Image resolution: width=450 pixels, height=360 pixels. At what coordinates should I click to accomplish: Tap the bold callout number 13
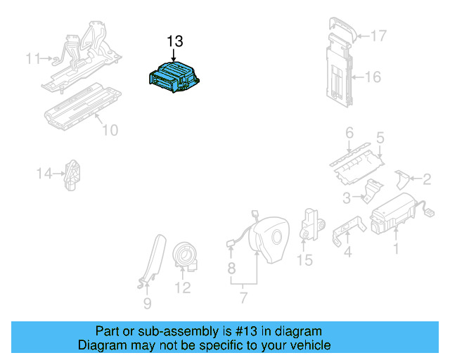pyautogui.click(x=175, y=41)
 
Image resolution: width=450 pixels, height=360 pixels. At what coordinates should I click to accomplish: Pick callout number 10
pyautogui.click(x=110, y=130)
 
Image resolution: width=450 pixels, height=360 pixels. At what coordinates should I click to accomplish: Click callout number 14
pyautogui.click(x=45, y=173)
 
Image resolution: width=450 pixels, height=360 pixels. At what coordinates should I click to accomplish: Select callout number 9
pyautogui.click(x=147, y=304)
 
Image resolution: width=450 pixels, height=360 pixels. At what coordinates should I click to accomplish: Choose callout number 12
pyautogui.click(x=182, y=288)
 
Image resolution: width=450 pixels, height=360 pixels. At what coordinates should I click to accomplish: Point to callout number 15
pyautogui.click(x=304, y=261)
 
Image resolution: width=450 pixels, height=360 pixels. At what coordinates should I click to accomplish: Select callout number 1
pyautogui.click(x=395, y=248)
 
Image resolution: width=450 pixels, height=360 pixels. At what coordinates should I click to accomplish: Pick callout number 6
pyautogui.click(x=349, y=132)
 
